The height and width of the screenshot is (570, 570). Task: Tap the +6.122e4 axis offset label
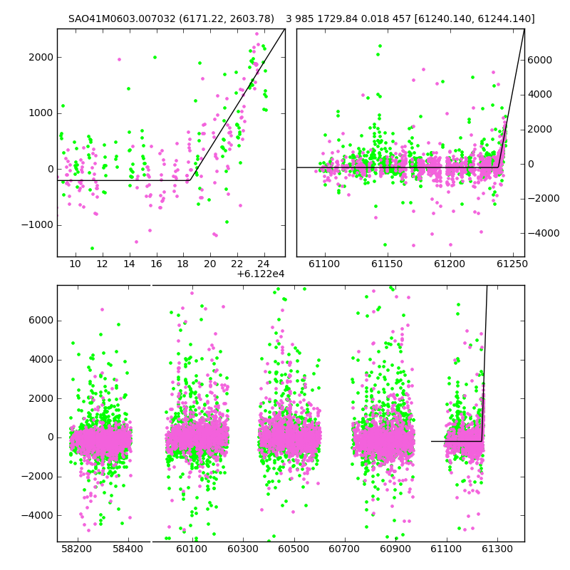pos(261,274)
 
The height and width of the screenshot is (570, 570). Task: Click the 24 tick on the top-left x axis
pos(264,264)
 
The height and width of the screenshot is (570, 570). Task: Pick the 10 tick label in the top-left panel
pos(76,264)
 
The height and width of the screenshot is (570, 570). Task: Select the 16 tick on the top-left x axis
pos(156,264)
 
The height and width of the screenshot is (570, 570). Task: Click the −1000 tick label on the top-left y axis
pos(38,225)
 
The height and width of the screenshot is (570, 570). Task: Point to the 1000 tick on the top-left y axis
pos(41,113)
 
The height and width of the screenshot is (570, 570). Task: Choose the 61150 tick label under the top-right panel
pos(388,264)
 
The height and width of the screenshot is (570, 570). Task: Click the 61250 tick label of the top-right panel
pos(512,264)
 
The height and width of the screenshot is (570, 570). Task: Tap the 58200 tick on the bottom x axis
pos(77,548)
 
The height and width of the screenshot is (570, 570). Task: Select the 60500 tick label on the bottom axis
pos(294,548)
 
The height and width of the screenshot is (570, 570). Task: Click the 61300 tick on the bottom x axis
pos(497,548)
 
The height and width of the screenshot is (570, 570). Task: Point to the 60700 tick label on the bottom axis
pos(344,548)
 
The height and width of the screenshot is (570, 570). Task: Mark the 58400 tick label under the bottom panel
pos(128,548)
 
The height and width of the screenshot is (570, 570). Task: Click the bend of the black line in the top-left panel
pos(190,180)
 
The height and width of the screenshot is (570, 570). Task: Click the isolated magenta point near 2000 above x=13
pos(119,60)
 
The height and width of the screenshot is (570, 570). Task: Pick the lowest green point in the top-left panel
pos(93,248)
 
